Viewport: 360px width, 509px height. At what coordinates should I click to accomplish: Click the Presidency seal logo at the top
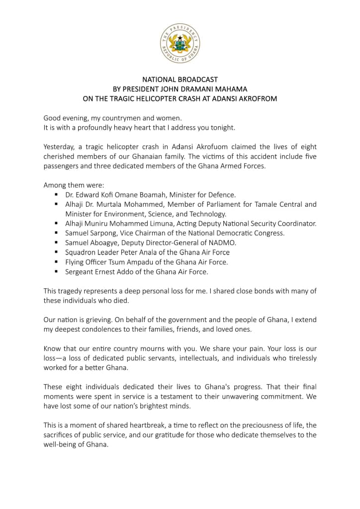[x=180, y=44]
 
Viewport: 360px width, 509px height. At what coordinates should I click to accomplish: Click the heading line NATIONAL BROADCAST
[x=180, y=80]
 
